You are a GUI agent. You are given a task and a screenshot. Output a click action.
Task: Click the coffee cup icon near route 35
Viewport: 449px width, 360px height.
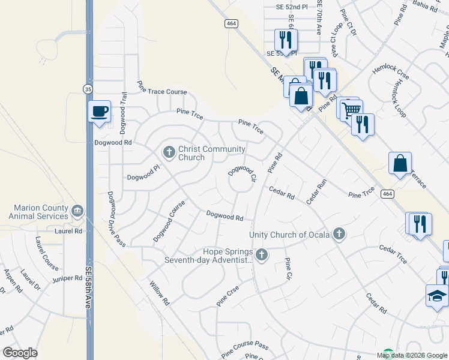pos(100,111)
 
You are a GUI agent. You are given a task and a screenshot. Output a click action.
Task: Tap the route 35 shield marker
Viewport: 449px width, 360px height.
pos(88,89)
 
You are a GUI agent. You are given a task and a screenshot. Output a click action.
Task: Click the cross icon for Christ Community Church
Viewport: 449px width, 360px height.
pos(169,152)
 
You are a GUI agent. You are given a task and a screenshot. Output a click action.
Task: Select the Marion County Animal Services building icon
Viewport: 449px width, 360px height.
pos(77,211)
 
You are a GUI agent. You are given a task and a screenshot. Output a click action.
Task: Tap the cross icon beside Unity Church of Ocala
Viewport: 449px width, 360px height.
pos(339,234)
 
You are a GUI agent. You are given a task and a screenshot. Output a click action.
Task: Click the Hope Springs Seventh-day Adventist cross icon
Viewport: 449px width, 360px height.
pos(261,255)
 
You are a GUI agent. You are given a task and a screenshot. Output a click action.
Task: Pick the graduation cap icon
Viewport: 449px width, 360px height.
pos(436,295)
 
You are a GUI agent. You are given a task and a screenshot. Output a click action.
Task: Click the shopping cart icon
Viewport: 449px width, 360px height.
pos(351,109)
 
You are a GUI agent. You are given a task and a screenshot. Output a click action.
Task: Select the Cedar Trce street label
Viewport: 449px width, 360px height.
pos(393,254)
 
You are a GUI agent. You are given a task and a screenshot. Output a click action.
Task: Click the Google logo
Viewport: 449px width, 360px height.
pos(20,353)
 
